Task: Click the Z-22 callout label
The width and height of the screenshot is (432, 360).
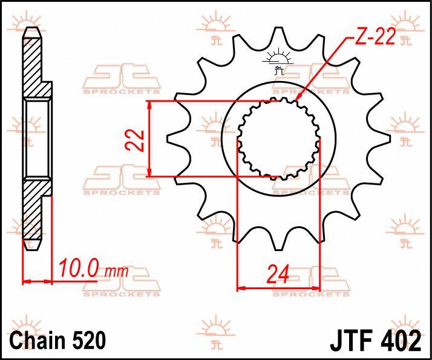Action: (x=375, y=39)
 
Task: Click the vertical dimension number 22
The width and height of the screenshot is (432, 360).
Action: (x=137, y=139)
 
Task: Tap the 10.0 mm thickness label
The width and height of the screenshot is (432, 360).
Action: (x=93, y=268)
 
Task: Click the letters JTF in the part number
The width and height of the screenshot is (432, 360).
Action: (x=352, y=340)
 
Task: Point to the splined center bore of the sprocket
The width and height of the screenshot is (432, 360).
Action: (x=278, y=139)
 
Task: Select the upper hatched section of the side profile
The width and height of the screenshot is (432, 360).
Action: (x=34, y=67)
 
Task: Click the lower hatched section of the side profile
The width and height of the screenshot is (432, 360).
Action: (x=34, y=212)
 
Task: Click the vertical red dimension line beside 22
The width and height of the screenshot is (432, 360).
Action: (x=150, y=139)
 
